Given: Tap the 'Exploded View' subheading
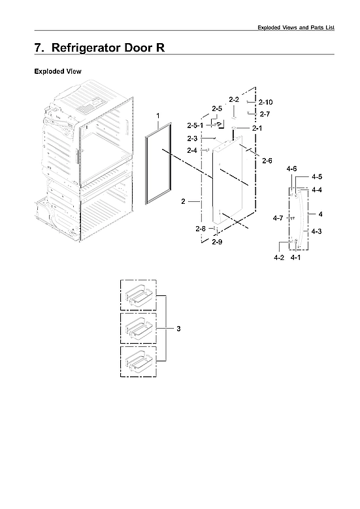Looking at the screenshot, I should pyautogui.click(x=57, y=71).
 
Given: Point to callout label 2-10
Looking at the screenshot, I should pyautogui.click(x=266, y=102).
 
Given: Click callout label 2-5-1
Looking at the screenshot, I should pyautogui.click(x=195, y=124).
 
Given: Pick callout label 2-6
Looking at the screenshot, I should pyautogui.click(x=267, y=161).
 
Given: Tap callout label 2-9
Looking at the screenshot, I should pyautogui.click(x=217, y=242).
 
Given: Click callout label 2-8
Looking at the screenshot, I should pyautogui.click(x=201, y=229).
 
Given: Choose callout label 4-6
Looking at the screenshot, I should pyautogui.click(x=292, y=169).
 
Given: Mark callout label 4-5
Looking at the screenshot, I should pyautogui.click(x=317, y=176).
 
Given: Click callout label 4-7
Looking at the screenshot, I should pyautogui.click(x=278, y=218).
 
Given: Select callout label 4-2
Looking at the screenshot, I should pyautogui.click(x=279, y=257).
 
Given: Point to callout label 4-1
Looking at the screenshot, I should pyautogui.click(x=295, y=257).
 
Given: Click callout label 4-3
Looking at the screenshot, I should pyautogui.click(x=316, y=231).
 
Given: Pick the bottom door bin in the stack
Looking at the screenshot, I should pyautogui.click(x=138, y=361).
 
